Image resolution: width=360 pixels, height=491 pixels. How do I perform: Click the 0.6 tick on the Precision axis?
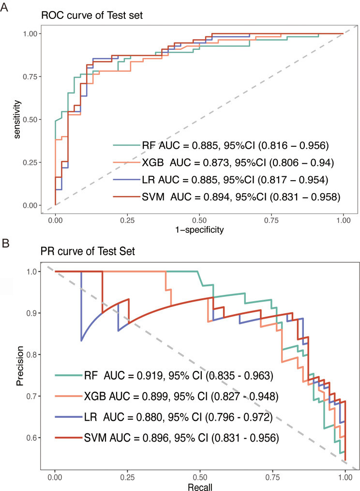coord(33,438)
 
